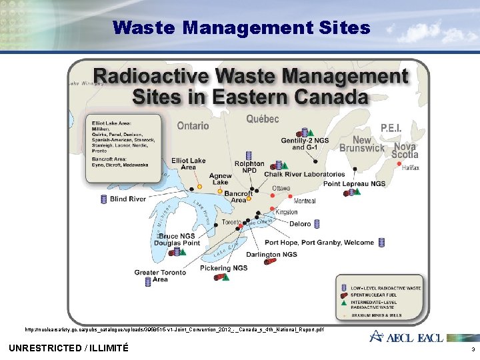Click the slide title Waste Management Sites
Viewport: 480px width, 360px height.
point(241,27)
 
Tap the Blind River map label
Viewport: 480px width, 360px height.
point(128,199)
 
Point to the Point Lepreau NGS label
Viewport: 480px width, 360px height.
point(354,183)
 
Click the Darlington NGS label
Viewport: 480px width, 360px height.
point(271,254)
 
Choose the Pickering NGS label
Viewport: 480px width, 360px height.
point(223,268)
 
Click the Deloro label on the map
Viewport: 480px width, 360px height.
point(300,224)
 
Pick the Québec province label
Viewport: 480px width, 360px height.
point(263,119)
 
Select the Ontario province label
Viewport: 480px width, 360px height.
point(193,125)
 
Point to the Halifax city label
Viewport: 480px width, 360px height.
point(411,168)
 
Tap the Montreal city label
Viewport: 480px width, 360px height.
point(305,201)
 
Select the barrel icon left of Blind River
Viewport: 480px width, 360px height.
point(103,199)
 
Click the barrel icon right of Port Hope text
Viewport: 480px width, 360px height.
point(381,242)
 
